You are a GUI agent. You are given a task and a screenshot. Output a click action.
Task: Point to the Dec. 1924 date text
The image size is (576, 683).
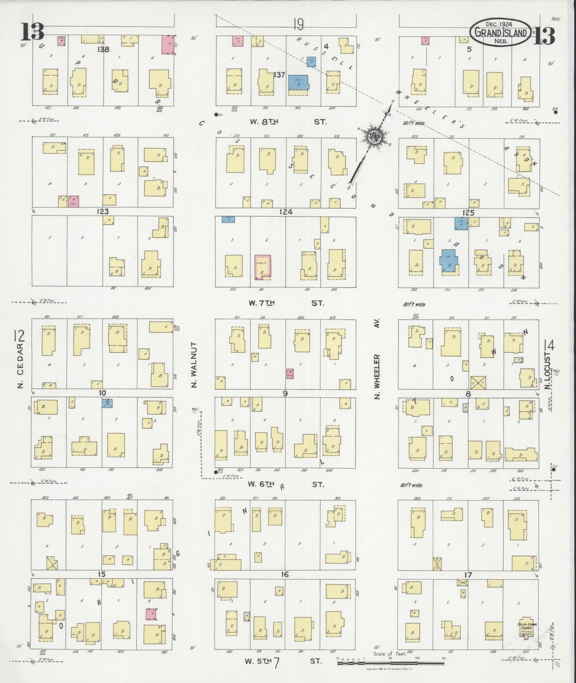pyautogui.click(x=499, y=24)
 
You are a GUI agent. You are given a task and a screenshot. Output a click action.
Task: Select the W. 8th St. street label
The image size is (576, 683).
pyautogui.click(x=287, y=122)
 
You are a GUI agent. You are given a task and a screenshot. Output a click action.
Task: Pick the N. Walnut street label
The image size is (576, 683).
pyautogui.click(x=194, y=365)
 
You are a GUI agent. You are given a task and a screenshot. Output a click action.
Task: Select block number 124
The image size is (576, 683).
pyautogui.click(x=286, y=212)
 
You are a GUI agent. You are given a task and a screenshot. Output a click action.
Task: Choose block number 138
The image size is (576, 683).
pyautogui.click(x=103, y=49)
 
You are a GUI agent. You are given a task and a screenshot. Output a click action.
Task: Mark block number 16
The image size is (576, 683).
pyautogui.click(x=284, y=574)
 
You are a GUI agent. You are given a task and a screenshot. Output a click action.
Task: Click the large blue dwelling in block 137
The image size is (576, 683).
pyautogui.click(x=299, y=83)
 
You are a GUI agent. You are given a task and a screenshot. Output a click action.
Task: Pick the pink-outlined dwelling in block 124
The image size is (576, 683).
pyautogui.click(x=263, y=267)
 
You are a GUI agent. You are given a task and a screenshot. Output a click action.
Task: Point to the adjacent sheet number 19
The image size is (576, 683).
pyautogui.click(x=298, y=25)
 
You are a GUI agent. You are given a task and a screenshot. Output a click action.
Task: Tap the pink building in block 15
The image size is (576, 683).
pyautogui.click(x=152, y=614)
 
